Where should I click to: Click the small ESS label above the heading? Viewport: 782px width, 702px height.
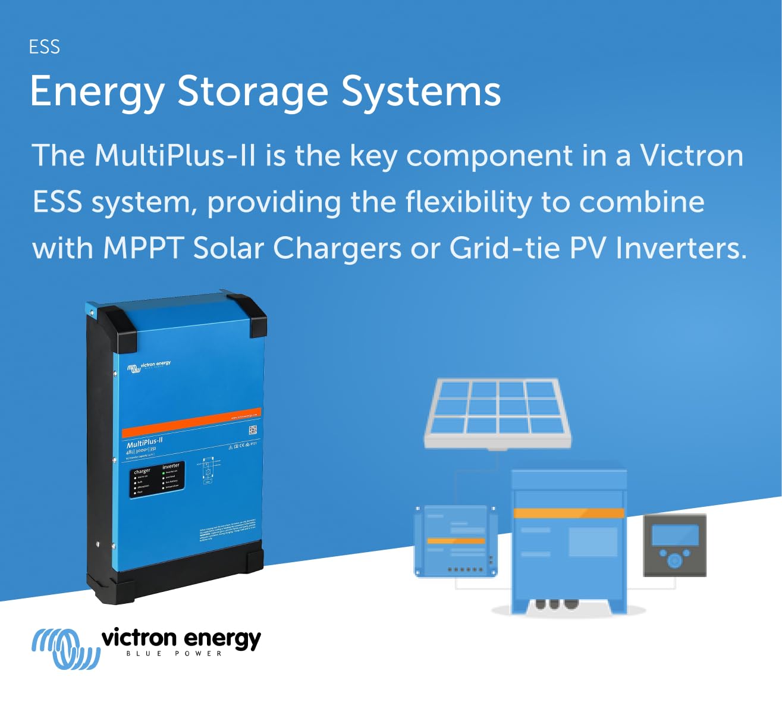45,47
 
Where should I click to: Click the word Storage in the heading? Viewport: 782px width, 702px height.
252,92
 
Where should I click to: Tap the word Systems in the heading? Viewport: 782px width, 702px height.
421,92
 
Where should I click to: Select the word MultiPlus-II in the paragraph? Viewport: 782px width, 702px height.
175,156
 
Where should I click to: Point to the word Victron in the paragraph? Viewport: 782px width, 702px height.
692,156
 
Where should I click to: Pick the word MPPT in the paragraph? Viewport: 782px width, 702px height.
143,248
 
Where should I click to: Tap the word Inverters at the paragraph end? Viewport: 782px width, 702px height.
680,248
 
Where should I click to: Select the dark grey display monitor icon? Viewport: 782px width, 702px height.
675,545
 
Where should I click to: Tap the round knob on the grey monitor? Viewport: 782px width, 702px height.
674,560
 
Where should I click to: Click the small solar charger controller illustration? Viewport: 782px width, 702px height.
456,541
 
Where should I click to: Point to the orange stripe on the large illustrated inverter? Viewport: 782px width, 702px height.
569,513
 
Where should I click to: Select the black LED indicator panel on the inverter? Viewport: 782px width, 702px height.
157,479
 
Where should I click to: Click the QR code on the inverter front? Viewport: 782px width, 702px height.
252,431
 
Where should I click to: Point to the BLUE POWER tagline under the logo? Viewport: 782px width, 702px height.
174,654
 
